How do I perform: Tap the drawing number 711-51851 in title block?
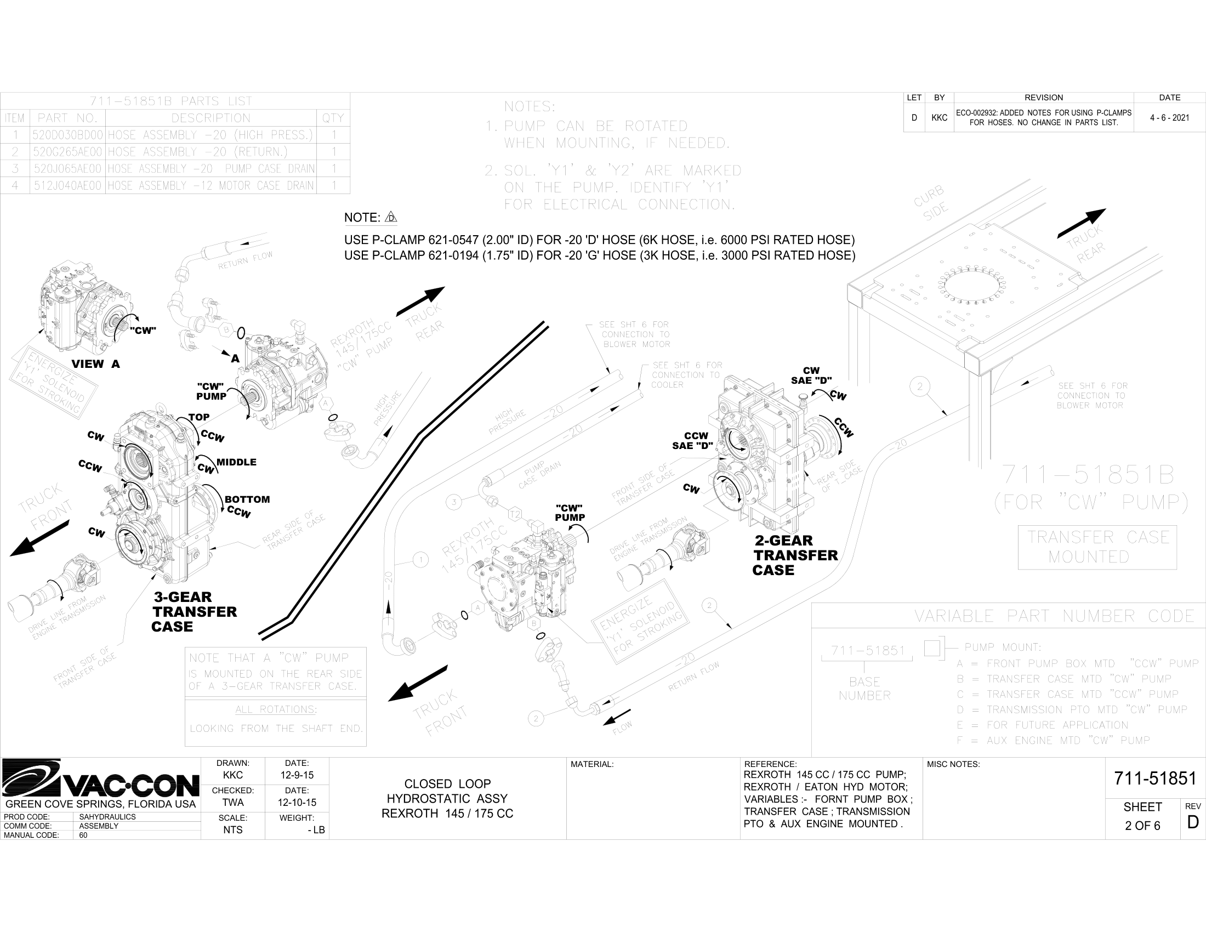[1154, 778]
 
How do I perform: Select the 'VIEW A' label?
[95, 364]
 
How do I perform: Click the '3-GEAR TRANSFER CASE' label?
[194, 612]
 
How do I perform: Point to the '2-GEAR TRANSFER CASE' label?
[795, 555]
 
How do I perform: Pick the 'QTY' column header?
[332, 118]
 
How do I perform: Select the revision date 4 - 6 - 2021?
[1169, 118]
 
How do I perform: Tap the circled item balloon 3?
[454, 502]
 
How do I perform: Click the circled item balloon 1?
[421, 560]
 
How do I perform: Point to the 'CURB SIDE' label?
[931, 202]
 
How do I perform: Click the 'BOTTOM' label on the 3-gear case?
[247, 499]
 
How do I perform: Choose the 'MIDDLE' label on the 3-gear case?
[236, 462]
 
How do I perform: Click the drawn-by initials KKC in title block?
[232, 775]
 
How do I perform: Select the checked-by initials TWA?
[232, 802]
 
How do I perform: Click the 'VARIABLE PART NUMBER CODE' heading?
[1054, 616]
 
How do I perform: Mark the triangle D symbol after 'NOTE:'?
[391, 217]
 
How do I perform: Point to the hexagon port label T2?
[514, 515]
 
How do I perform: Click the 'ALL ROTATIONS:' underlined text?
[275, 709]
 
